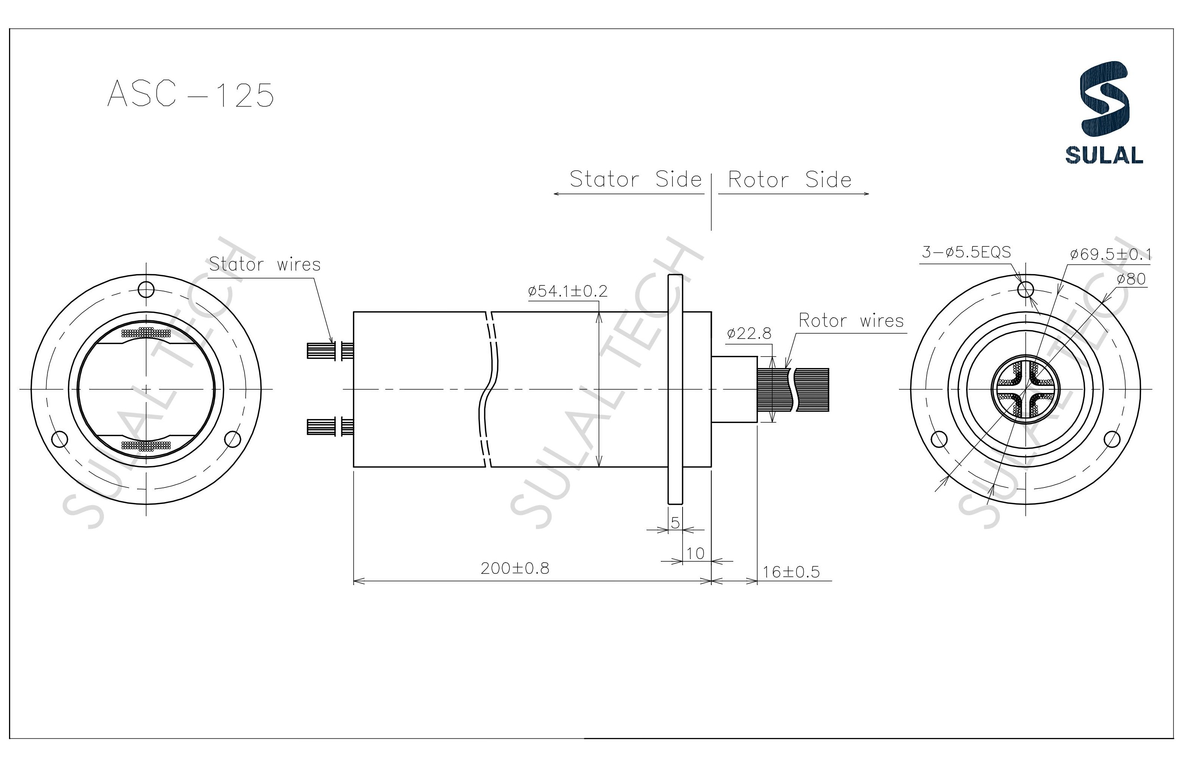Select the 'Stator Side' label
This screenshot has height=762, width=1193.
tap(636, 179)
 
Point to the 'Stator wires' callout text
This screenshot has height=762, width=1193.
tap(264, 264)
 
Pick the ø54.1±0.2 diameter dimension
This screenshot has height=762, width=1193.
tap(568, 291)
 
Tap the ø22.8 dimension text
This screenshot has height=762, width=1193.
tap(749, 333)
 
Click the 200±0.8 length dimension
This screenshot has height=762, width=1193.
tap(515, 568)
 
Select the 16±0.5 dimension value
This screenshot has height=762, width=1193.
tap(791, 572)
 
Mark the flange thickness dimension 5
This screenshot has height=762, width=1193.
tap(675, 522)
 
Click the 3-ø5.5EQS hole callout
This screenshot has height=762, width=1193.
tap(966, 252)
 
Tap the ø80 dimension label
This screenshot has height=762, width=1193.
tap(1131, 279)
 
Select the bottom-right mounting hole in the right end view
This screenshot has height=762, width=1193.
tap(1112, 439)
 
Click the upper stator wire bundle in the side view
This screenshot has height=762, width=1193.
tap(329, 350)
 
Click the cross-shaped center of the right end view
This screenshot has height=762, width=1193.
tap(1025, 389)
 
